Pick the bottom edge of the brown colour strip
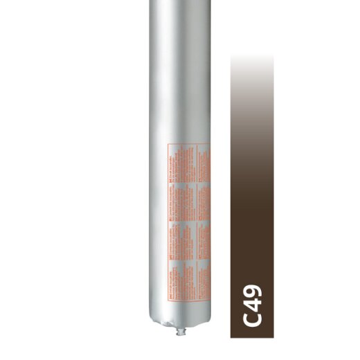(x=252, y=338)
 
